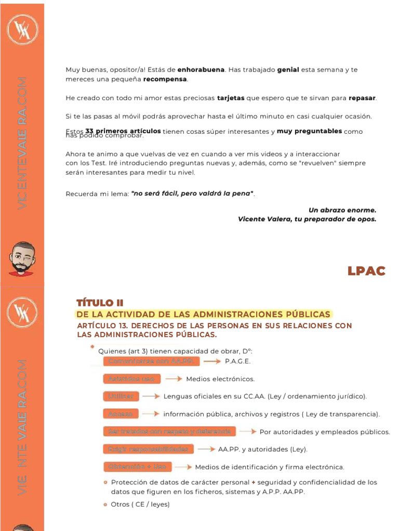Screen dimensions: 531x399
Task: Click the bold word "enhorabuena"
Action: [x=201, y=69]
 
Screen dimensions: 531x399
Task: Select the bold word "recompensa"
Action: [x=165, y=79]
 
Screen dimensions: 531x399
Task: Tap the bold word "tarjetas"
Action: [x=230, y=98]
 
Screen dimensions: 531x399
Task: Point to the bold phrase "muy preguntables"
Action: [x=309, y=131]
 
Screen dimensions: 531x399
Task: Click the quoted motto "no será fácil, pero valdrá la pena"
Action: [x=193, y=193]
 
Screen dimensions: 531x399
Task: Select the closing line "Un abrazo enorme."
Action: [x=342, y=210]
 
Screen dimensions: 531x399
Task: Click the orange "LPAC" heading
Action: [x=366, y=271]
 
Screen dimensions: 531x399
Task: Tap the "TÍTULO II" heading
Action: [x=100, y=303]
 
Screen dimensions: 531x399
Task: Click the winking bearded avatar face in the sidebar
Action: [x=22, y=258]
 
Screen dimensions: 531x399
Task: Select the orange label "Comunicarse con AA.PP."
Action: [x=151, y=361]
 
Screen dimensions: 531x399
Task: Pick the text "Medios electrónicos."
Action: [x=220, y=379]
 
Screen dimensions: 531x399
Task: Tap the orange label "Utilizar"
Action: [x=121, y=396]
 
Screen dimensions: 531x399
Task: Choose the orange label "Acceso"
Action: [x=121, y=414]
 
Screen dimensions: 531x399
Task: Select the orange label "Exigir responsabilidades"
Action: [x=148, y=449]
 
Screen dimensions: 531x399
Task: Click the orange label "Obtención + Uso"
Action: [x=137, y=467]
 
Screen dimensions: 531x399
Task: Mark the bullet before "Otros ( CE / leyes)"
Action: [x=105, y=504]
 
